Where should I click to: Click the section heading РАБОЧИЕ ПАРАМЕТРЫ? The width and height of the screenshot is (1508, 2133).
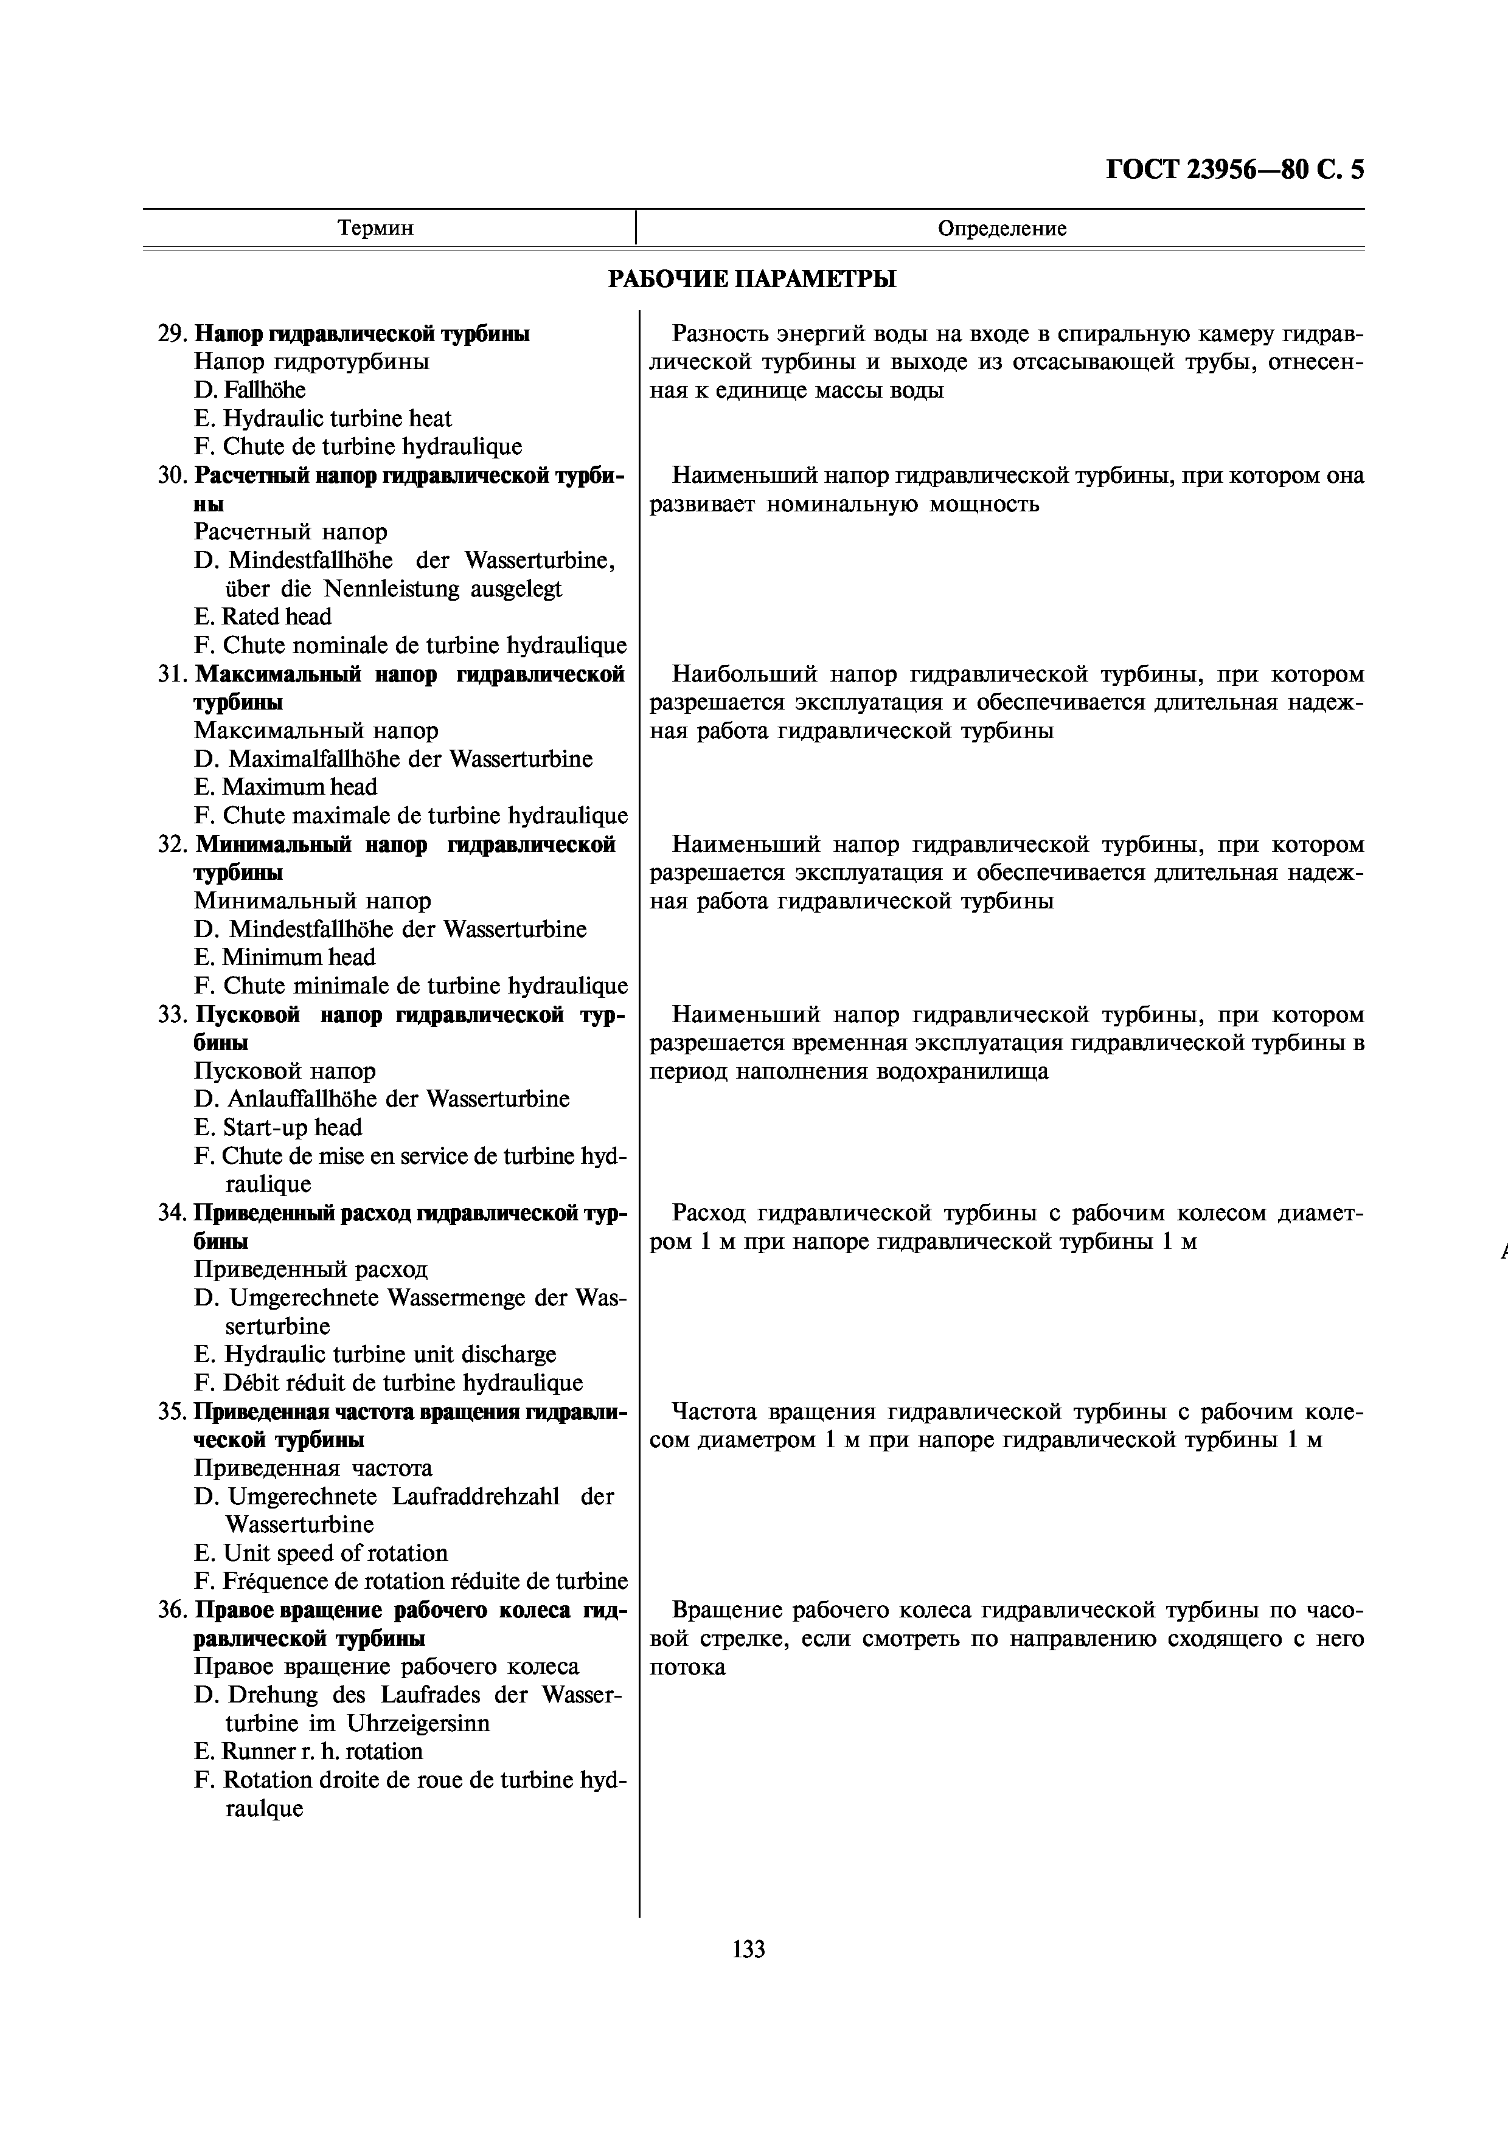tap(752, 278)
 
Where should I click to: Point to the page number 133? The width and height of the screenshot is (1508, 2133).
tap(748, 1949)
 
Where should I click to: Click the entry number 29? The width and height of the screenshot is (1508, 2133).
tap(172, 334)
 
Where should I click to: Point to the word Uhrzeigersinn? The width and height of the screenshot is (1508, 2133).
tap(418, 1723)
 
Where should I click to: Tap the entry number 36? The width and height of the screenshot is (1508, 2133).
tap(172, 1610)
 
